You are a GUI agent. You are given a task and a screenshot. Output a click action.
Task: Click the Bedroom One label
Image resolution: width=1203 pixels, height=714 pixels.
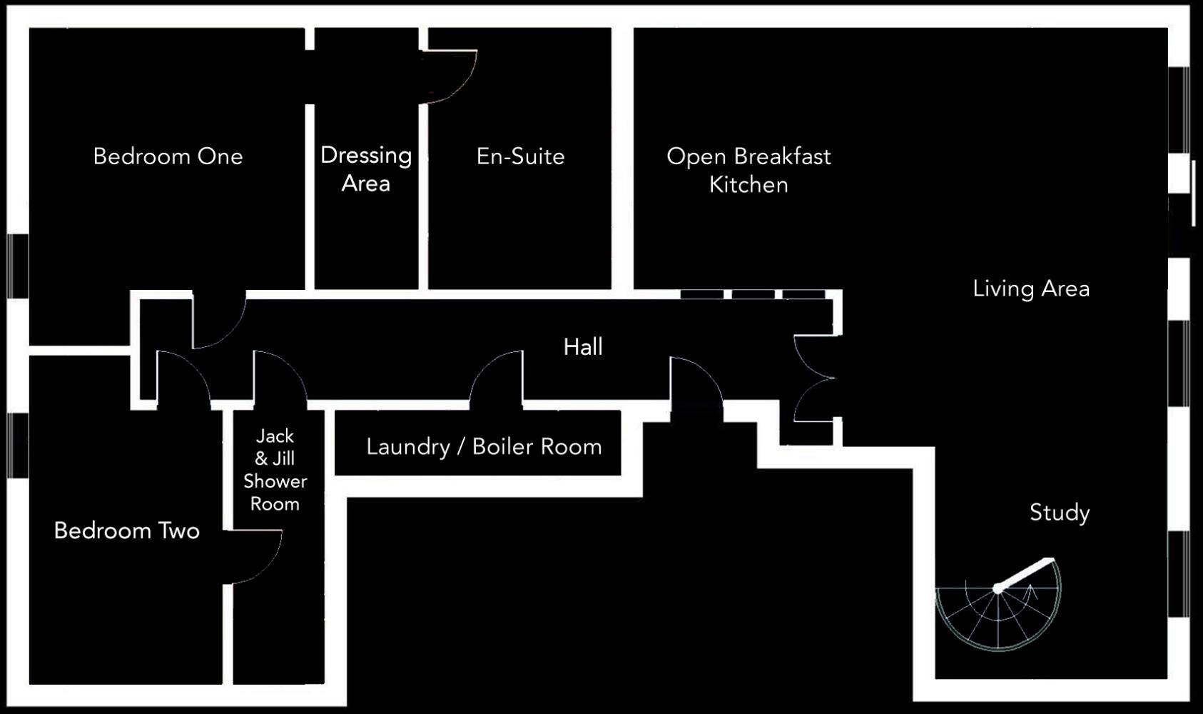tap(168, 156)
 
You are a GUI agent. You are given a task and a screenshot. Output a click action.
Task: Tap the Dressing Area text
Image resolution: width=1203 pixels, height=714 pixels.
tap(365, 169)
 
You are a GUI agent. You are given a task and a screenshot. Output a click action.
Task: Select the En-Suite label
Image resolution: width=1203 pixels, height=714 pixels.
tap(520, 156)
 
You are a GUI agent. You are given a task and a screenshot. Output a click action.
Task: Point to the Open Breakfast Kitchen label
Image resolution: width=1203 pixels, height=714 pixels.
tap(748, 171)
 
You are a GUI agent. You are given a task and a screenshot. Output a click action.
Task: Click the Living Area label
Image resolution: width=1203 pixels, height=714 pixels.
tap(1031, 288)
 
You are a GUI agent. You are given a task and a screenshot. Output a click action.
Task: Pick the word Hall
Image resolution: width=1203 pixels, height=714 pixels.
tap(583, 347)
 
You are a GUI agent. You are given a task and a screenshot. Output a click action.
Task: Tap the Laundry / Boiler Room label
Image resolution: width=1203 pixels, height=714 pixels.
tap(484, 447)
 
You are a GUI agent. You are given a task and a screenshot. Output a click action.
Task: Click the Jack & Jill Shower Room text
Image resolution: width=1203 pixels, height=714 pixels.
tap(275, 470)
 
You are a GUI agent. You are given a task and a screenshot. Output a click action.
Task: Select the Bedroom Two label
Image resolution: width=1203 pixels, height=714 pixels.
tap(127, 531)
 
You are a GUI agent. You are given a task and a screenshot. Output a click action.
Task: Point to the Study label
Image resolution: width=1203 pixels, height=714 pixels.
tap(1060, 513)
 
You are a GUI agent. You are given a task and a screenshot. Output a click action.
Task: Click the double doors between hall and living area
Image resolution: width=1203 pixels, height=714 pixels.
tap(813, 378)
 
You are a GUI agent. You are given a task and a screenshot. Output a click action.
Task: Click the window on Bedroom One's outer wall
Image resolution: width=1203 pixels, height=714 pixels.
tap(18, 266)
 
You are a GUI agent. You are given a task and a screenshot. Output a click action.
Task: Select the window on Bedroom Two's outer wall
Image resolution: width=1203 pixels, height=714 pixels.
tap(18, 445)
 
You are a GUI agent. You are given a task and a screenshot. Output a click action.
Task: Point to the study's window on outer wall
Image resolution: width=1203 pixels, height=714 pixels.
tap(1179, 574)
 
